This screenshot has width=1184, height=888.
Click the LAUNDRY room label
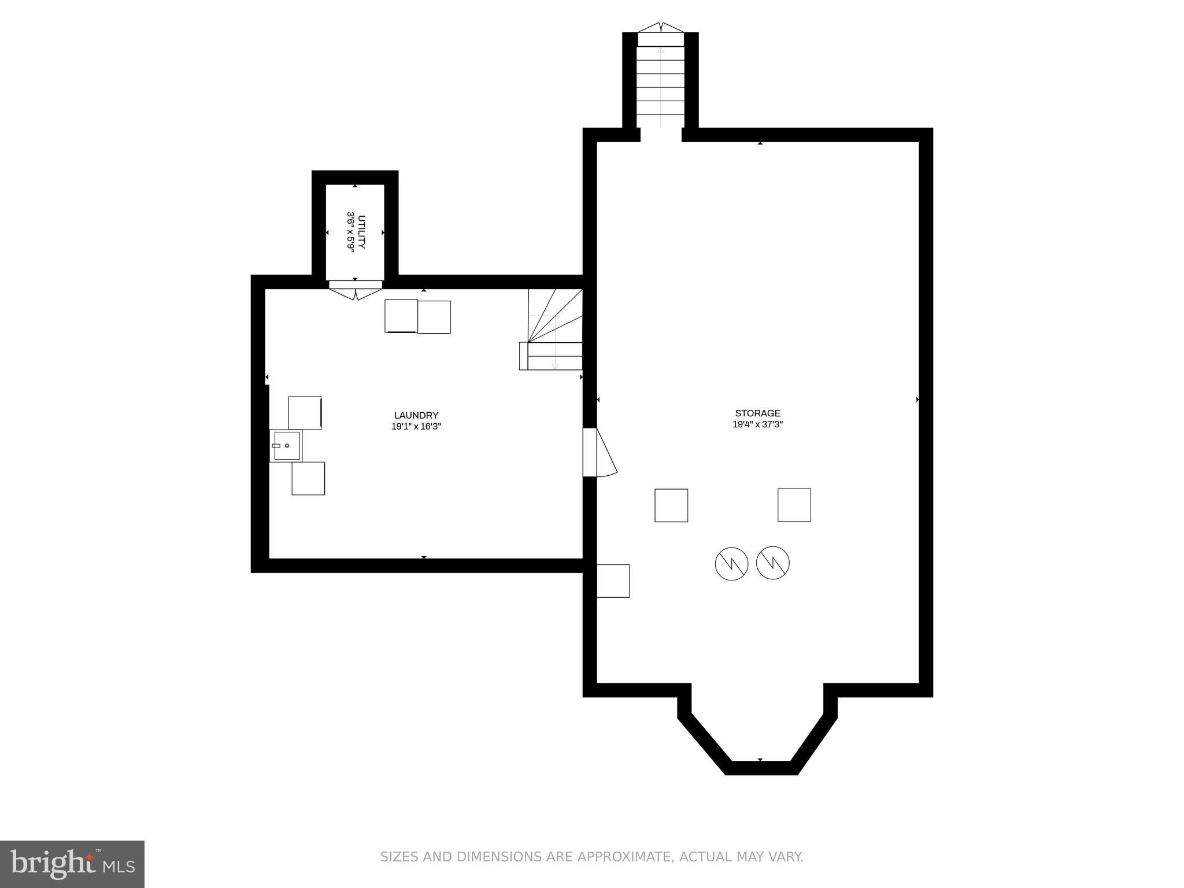(416, 415)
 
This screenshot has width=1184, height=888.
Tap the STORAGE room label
(757, 413)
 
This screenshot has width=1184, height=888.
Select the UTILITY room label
(362, 232)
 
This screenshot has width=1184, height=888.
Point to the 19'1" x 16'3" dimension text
(416, 427)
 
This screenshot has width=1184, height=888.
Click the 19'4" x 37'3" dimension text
(757, 424)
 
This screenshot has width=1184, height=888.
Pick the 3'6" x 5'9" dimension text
(350, 231)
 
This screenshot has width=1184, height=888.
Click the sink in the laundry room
(286, 446)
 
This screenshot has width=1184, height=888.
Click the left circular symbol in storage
(731, 563)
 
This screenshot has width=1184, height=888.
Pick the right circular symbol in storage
(773, 563)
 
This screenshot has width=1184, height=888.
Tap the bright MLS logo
(72, 864)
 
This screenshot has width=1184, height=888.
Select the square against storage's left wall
(613, 580)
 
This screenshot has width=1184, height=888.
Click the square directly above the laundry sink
(305, 412)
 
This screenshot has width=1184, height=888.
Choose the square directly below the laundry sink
(308, 478)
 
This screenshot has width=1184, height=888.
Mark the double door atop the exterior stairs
(660, 28)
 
